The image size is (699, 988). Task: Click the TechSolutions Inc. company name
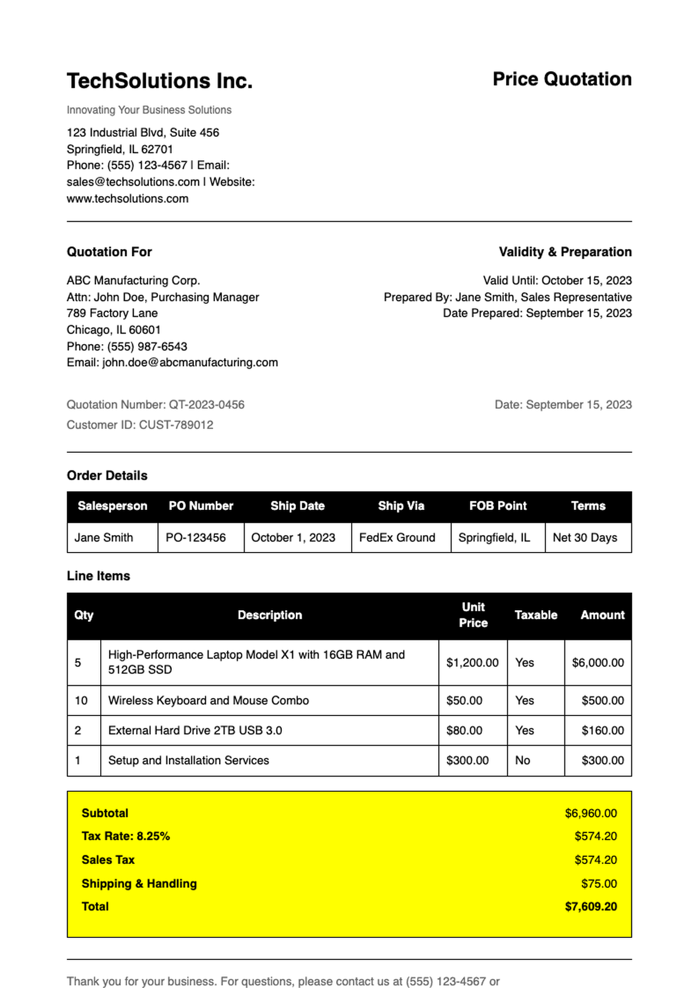pos(160,81)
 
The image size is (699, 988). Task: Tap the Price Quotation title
pos(562,79)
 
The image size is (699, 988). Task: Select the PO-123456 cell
pos(196,537)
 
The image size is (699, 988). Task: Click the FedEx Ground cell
pos(397,537)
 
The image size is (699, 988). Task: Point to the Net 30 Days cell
pos(585,537)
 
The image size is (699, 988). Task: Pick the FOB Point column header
pos(497,506)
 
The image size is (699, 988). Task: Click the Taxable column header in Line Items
pos(535,615)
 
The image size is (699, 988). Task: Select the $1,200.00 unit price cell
pos(472,663)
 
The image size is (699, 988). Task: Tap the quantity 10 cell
pos(82,700)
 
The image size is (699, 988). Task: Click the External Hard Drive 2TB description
pos(195,730)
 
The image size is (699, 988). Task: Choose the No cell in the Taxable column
pos(523,760)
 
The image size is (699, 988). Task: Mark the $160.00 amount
pos(602,730)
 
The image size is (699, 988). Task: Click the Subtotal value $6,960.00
pos(591,813)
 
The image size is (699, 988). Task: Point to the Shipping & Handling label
pos(139,883)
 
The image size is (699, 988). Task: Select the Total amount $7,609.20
pos(591,906)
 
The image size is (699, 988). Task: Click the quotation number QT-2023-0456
pos(206,405)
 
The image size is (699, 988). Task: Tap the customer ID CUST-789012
pos(176,425)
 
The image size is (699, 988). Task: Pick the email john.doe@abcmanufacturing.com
pos(190,362)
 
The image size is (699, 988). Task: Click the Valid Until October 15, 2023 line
pos(557,281)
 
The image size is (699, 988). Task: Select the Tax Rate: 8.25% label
pos(126,836)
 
